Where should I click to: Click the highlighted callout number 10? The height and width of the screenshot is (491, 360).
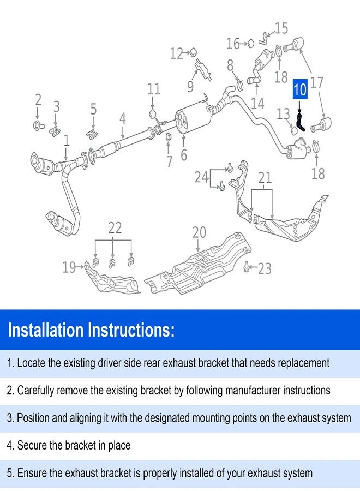[x=300, y=89]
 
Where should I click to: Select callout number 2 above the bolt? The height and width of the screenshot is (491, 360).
[x=38, y=100]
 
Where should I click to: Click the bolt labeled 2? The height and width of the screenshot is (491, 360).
[x=38, y=125]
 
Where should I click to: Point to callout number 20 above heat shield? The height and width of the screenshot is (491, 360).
[x=199, y=232]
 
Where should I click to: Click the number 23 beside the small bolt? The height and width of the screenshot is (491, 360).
[x=265, y=268]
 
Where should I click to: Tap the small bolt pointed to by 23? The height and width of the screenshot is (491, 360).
[x=247, y=266]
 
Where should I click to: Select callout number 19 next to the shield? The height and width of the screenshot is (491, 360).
[x=69, y=267]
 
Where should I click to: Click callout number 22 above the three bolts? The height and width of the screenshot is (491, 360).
[x=115, y=228]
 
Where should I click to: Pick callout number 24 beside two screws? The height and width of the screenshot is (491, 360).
[x=202, y=177]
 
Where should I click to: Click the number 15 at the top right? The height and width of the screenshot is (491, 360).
[x=281, y=28]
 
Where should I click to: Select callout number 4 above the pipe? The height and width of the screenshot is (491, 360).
[x=123, y=119]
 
